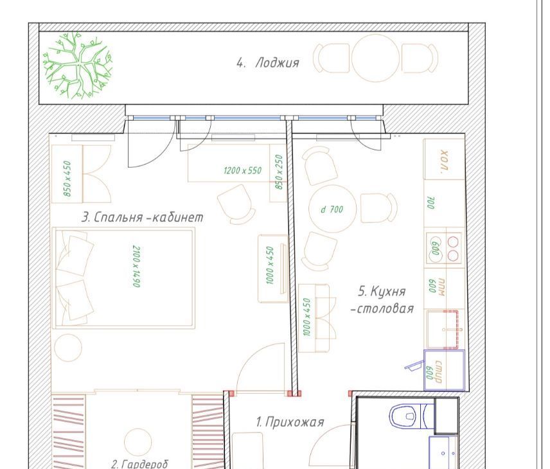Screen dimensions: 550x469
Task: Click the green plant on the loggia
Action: point(78,65)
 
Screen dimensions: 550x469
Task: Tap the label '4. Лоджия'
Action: point(268,63)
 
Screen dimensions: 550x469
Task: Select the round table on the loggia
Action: point(376,58)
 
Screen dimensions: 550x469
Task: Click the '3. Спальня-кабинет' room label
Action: point(143,217)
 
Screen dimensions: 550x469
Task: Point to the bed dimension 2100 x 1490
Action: point(136,266)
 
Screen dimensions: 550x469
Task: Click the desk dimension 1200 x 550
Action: point(243,170)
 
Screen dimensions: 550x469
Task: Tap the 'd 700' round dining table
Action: point(333,209)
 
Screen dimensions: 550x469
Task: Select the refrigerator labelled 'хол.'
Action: point(445,159)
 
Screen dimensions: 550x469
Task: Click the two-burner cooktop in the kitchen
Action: point(444,248)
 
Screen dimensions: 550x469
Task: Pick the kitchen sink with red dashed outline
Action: point(445,330)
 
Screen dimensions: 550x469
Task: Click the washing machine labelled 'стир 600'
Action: point(444,370)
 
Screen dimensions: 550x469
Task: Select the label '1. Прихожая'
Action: point(290,421)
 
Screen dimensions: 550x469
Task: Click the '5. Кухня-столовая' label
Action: point(382,300)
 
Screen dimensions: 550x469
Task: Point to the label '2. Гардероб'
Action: point(139,464)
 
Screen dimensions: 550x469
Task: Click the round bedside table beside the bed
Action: point(68,348)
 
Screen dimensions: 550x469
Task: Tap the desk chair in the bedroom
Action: point(236,204)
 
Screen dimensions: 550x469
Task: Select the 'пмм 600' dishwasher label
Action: point(437,287)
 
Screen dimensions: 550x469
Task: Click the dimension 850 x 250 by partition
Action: point(279,172)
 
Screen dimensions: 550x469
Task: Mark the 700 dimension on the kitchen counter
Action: point(430,203)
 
